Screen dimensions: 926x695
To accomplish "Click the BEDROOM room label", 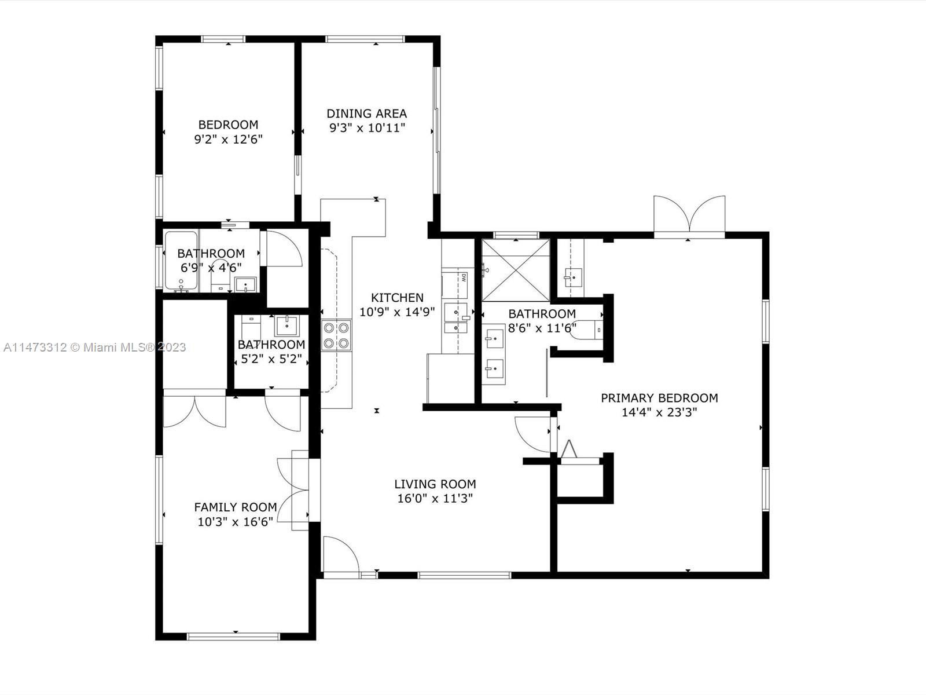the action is pos(228,125).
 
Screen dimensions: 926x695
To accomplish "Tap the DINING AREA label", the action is pos(366,114).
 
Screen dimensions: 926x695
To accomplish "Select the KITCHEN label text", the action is pos(397,298).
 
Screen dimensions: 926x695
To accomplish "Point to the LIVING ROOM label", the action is pos(435,484).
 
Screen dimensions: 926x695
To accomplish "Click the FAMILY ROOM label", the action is pos(236,507).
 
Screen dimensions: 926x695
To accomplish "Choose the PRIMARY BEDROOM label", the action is pos(659,398).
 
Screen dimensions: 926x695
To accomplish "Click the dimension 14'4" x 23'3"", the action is pos(659,412).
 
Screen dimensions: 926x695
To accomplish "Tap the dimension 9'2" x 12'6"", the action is pos(228,139).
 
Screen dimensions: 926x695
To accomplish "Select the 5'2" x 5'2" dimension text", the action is pos(271,359).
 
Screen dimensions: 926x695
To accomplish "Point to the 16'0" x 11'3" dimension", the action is pos(435,498).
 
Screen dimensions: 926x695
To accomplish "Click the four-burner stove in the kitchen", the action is pos(336,335).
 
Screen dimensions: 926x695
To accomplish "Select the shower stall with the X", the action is pos(516,270).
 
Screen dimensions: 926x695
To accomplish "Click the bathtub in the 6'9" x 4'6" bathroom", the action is pos(181,261).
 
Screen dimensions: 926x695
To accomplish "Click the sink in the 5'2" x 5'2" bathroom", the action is pos(286,326).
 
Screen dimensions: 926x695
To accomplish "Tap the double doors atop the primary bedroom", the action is pos(689,215).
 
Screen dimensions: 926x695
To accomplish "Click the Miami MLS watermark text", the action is pos(94,348).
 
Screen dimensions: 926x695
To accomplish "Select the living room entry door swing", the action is pos(341,554).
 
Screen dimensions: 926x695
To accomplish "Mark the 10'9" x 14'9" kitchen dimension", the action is pos(397,312).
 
